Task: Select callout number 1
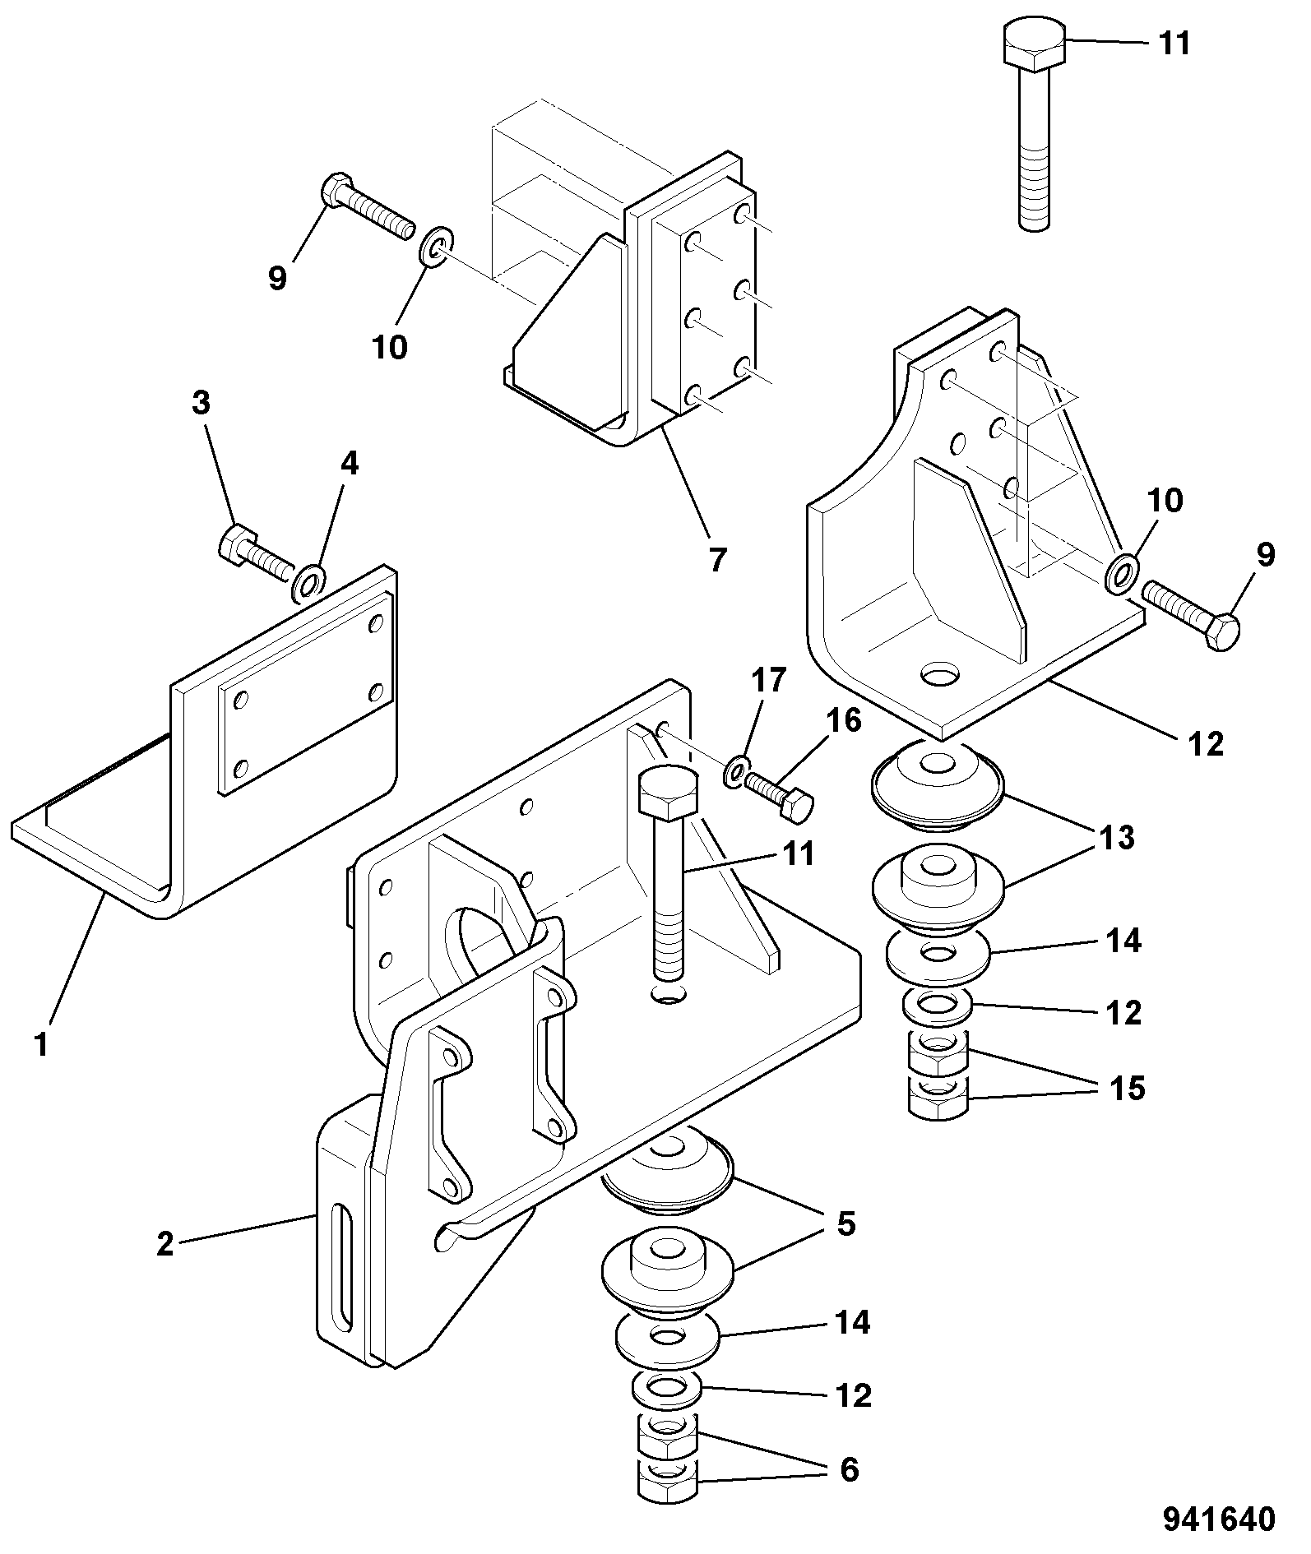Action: click(41, 1045)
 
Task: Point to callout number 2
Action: click(165, 1244)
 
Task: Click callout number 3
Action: click(201, 403)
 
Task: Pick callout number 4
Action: click(350, 465)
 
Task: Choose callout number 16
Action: click(844, 721)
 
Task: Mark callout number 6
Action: click(848, 1468)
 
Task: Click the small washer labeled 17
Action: click(737, 770)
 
